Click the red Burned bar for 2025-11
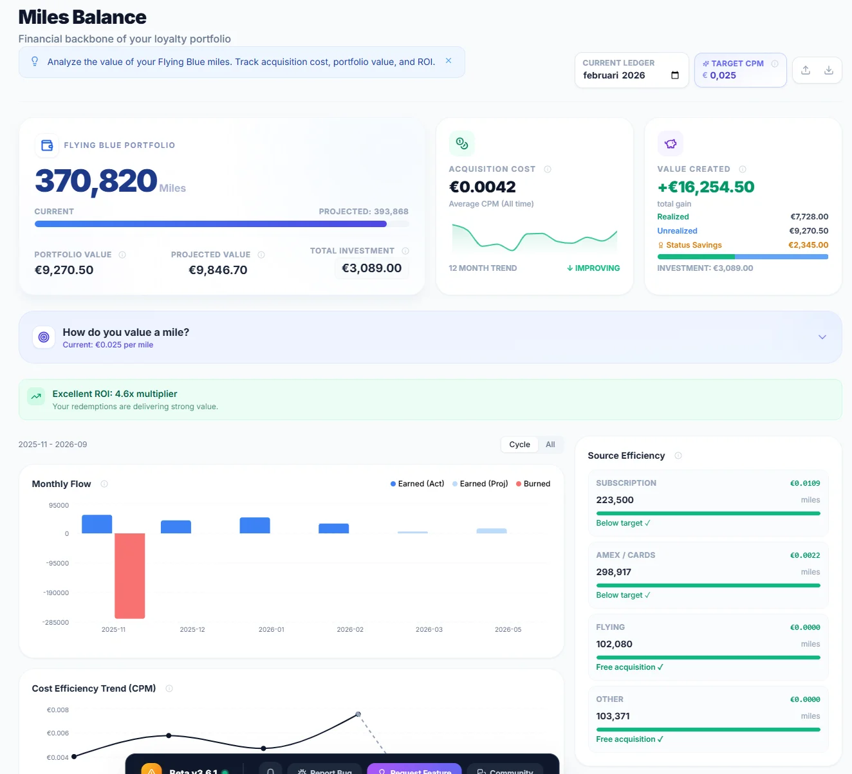129,575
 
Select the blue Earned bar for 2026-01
254,525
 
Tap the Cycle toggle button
519,445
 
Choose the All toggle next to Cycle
550,445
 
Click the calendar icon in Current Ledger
675,75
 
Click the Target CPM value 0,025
723,75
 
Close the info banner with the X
449,61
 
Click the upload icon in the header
806,70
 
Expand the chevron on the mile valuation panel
822,337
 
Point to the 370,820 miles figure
96,181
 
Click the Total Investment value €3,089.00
371,268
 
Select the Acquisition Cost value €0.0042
482,187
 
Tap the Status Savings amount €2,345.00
808,245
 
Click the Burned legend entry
533,484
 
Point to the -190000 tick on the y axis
56,593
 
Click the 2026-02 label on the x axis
350,630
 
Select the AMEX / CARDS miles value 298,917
613,572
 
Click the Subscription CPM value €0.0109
805,483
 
